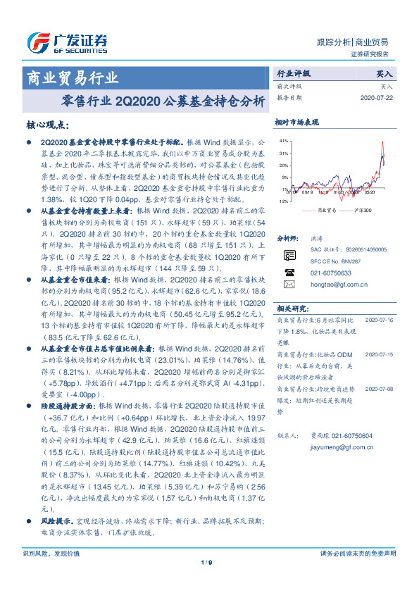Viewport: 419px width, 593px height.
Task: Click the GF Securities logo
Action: [x=66, y=42]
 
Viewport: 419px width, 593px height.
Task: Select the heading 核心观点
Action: [x=47, y=125]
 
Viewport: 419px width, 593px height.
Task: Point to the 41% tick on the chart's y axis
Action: [x=284, y=141]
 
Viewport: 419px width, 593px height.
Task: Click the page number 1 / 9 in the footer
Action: [x=206, y=561]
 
